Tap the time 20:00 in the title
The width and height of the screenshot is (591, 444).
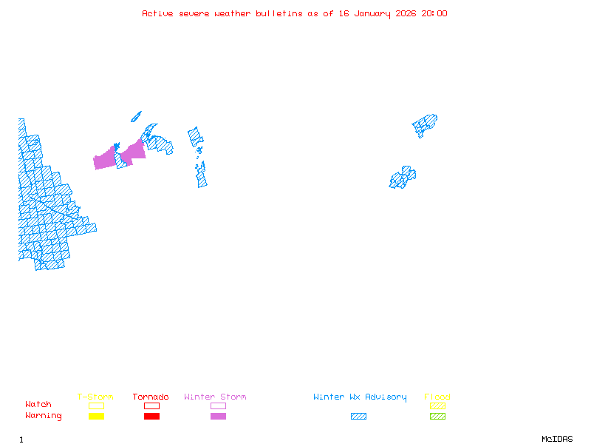pos(434,13)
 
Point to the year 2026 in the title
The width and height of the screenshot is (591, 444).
pos(405,13)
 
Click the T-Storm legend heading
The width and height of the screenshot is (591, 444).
pos(95,397)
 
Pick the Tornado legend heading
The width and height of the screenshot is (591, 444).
pos(151,397)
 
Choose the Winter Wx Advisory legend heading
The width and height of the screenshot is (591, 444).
pos(360,397)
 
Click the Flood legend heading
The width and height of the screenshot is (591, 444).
pos(437,397)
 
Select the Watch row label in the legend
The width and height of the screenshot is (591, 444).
pos(38,405)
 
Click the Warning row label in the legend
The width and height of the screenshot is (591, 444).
pos(44,416)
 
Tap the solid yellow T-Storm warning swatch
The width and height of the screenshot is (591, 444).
pos(96,417)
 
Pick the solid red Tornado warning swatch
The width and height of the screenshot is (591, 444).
pos(151,417)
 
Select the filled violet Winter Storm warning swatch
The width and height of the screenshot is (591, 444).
pos(218,417)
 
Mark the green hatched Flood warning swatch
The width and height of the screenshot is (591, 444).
pos(437,417)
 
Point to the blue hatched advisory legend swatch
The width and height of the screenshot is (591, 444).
pos(358,417)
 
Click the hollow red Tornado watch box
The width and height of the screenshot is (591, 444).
pos(151,406)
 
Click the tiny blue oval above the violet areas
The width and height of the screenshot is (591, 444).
pos(136,116)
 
